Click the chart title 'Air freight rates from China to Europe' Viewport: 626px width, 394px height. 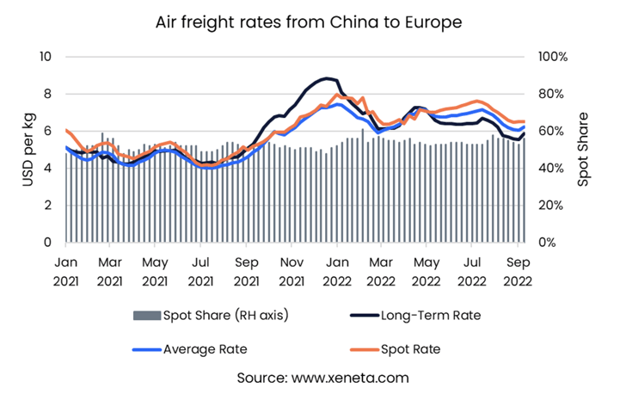click(x=313, y=22)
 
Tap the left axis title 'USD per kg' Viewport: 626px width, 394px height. click(x=18, y=150)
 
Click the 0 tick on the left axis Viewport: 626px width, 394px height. click(x=48, y=243)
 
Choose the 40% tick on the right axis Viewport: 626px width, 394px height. click(x=547, y=169)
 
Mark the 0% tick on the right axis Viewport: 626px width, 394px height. click(x=543, y=243)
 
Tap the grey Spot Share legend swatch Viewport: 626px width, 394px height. click(x=145, y=315)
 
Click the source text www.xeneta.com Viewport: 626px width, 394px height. click(x=312, y=377)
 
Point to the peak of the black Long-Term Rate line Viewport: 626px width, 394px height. click(x=325, y=78)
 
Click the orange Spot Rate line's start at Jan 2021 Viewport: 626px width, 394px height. click(x=66, y=130)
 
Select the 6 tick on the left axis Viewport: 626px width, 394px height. click(x=48, y=132)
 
